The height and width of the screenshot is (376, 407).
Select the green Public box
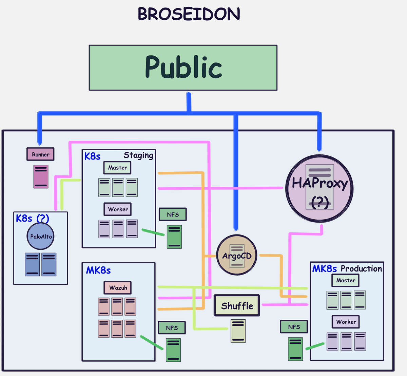coord(183,68)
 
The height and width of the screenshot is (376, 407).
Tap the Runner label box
coord(40,154)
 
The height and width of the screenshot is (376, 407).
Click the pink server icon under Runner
coord(41,176)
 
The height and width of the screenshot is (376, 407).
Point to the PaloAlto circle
coord(41,236)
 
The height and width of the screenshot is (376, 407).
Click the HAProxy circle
coord(319,188)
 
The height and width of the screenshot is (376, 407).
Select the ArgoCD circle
coord(237,255)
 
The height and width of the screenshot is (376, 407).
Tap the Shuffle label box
coord(237,305)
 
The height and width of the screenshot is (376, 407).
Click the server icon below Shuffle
coord(238,331)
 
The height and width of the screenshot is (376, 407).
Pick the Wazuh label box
coord(118,288)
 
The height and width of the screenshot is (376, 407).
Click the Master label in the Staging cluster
coord(117,168)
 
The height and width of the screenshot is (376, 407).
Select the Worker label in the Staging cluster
coord(117,209)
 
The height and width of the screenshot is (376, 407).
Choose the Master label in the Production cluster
coord(345,280)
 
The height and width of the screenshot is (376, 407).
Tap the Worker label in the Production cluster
coord(346,322)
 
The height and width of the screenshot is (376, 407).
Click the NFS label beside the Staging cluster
coord(173,214)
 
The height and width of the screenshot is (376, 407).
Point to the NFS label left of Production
coord(294,327)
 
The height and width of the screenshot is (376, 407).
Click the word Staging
coord(138,155)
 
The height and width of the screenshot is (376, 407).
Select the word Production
coord(361,269)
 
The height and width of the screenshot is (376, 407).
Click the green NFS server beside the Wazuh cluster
coord(173,350)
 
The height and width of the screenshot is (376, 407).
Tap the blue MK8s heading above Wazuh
coord(98,270)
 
